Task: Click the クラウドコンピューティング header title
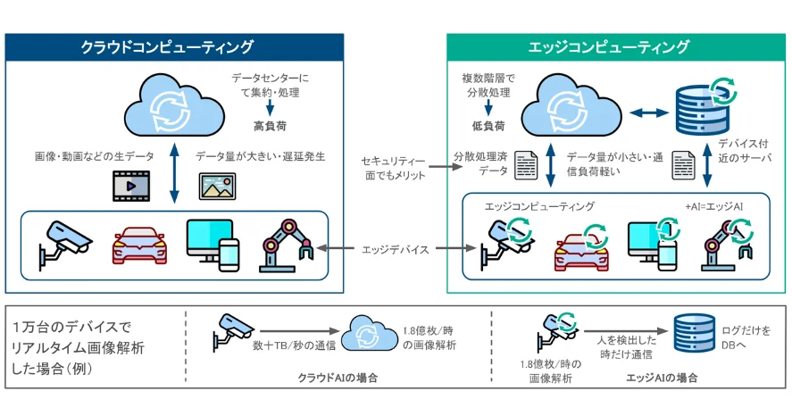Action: pyautogui.click(x=167, y=47)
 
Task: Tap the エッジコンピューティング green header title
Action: pyautogui.click(x=609, y=47)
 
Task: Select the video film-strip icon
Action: pyautogui.click(x=131, y=186)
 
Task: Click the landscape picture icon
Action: pyautogui.click(x=217, y=186)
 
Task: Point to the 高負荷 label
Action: pyautogui.click(x=271, y=126)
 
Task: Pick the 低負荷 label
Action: pyautogui.click(x=488, y=126)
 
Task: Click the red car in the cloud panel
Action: pyautogui.click(x=139, y=245)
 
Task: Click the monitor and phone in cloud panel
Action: pyautogui.click(x=213, y=245)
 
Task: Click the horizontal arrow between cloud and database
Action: pyautogui.click(x=649, y=113)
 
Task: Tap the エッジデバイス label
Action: pyautogui.click(x=396, y=249)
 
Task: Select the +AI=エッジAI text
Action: pyautogui.click(x=714, y=206)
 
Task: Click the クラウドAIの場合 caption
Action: pyautogui.click(x=338, y=378)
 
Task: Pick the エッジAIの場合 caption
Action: pyautogui.click(x=662, y=378)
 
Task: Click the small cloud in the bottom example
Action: pyautogui.click(x=370, y=333)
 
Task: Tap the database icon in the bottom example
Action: pyautogui.click(x=695, y=333)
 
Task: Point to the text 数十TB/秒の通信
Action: pyautogui.click(x=295, y=345)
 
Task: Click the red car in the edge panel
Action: pyautogui.click(x=581, y=248)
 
